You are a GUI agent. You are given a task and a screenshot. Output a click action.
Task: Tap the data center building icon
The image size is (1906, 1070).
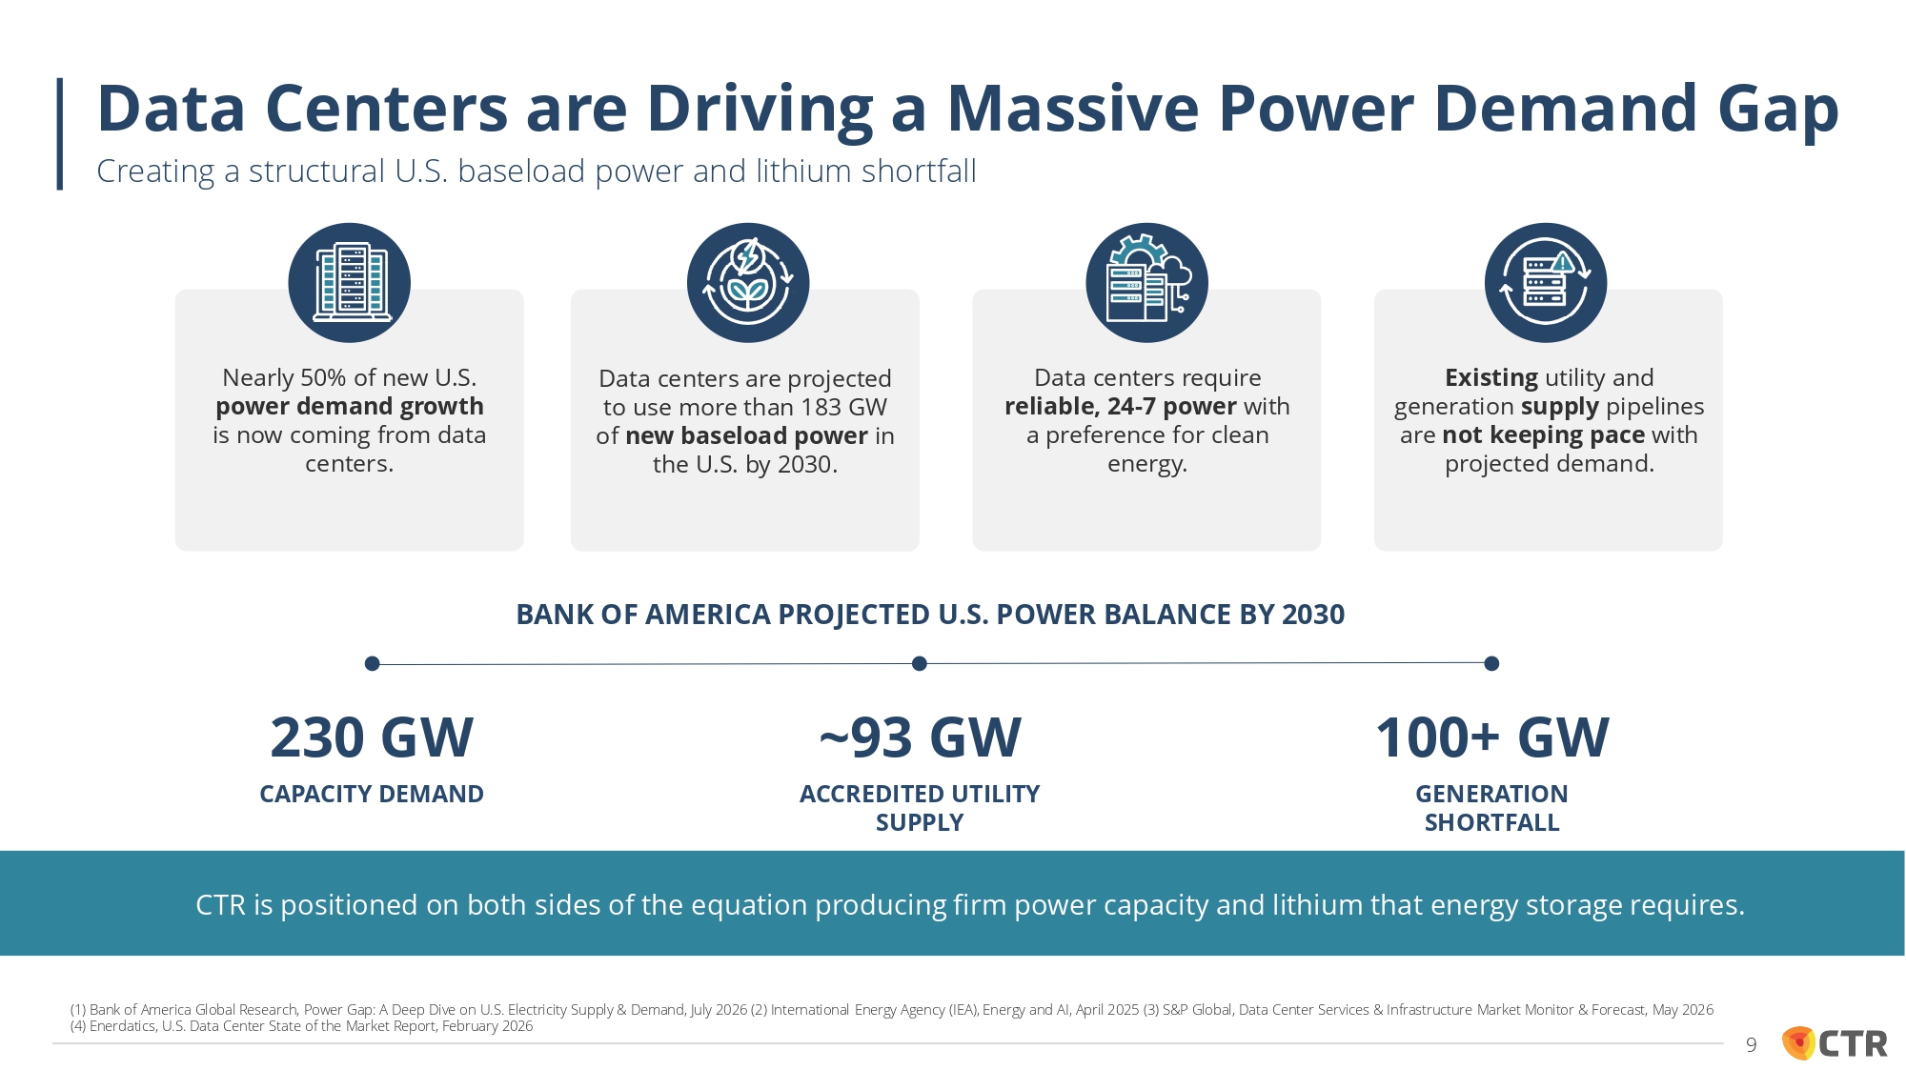(x=350, y=283)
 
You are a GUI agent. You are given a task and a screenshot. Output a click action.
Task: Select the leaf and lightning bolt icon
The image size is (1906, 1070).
(x=748, y=283)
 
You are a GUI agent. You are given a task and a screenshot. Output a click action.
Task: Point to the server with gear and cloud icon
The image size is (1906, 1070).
(x=1147, y=283)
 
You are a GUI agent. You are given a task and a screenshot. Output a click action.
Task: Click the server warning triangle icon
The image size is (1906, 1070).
(x=1546, y=283)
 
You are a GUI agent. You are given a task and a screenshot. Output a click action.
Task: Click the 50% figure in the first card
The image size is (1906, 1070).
(x=323, y=378)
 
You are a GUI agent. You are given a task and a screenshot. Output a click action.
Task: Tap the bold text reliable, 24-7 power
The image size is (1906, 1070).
(x=1121, y=407)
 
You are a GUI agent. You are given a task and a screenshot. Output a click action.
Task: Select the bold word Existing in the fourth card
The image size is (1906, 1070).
(x=1491, y=378)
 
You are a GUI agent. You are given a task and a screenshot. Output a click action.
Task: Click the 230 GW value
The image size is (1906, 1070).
(x=372, y=737)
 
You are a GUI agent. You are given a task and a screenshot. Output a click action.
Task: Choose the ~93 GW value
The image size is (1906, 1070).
(x=920, y=737)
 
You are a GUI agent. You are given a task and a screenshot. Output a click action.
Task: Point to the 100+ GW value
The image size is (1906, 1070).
(x=1492, y=737)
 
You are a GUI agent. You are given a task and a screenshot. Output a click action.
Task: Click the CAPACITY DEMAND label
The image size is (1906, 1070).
(x=372, y=794)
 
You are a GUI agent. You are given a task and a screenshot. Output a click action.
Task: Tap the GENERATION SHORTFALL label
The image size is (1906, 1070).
(x=1492, y=808)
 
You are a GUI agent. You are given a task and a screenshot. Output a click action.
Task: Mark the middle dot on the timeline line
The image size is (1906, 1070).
(x=920, y=663)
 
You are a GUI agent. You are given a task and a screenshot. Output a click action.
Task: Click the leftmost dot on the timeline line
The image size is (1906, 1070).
(x=373, y=663)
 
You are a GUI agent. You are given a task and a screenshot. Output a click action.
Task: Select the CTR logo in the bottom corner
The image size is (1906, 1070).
(x=1835, y=1043)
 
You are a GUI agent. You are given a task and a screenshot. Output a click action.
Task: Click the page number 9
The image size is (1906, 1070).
(x=1751, y=1045)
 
